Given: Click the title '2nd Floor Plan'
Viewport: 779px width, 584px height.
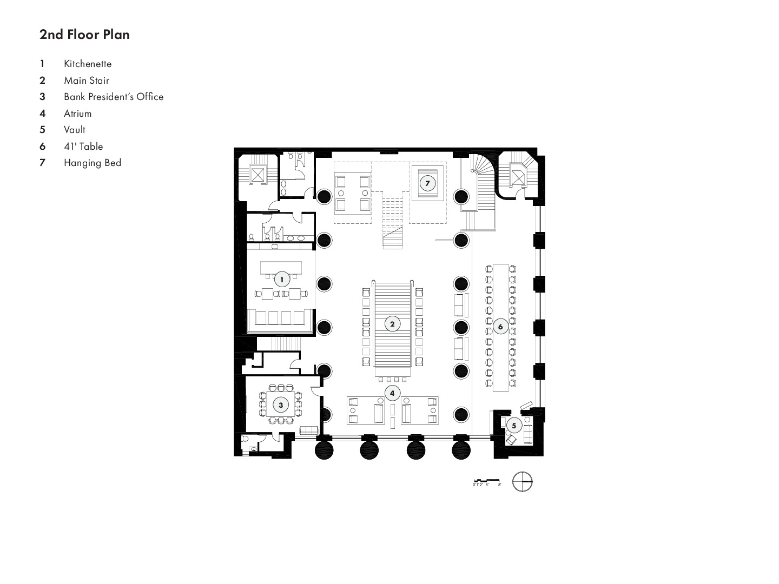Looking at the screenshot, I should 84,35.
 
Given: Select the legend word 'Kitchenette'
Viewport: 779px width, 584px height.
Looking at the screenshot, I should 88,64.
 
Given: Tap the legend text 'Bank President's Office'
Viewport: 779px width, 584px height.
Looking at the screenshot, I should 114,97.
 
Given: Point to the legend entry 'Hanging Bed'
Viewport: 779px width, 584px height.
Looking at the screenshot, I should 93,163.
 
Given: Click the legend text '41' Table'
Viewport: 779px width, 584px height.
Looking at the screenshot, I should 83,147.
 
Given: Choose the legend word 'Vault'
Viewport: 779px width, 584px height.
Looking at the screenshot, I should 75,130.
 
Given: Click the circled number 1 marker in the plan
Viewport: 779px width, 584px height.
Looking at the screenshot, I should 281,280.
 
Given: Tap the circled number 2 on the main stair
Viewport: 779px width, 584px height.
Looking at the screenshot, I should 392,324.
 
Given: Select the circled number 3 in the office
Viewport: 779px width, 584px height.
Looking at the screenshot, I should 281,404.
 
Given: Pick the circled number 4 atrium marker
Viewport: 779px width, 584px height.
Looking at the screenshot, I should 392,393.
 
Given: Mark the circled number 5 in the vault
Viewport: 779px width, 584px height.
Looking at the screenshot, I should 514,425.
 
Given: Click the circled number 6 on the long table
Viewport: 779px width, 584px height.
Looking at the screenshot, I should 500,327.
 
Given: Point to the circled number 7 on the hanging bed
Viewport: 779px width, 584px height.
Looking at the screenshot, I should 427,183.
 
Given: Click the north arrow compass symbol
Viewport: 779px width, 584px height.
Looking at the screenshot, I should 523,482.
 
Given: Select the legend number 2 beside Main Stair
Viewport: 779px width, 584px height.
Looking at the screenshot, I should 42,81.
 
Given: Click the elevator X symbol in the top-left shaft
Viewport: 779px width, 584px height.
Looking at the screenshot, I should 258,175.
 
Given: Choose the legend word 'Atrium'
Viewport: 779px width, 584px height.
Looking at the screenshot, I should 78,114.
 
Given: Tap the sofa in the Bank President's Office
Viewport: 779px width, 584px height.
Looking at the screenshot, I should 309,430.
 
